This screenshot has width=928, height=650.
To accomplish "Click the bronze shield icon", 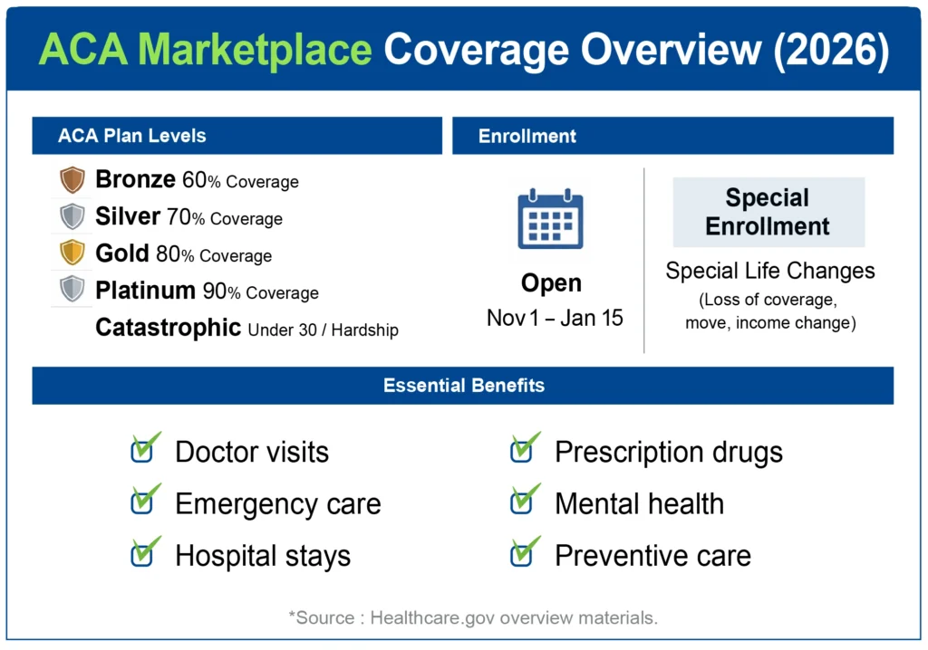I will point(72,179).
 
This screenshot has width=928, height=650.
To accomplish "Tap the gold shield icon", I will point(72,253).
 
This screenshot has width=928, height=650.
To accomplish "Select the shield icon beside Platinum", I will point(72,290).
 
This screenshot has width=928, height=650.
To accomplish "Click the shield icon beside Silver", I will point(72,216).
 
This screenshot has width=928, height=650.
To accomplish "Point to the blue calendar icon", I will point(550,219).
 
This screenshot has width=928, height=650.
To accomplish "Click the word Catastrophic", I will point(168,328).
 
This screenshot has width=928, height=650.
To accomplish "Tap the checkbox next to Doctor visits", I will point(142,451).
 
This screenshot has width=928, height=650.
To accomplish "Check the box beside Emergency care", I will point(142,502).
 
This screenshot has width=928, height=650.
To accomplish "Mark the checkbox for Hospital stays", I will point(142,554).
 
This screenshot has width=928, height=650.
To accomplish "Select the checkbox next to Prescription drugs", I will point(522,451).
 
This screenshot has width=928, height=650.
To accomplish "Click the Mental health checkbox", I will point(522,502).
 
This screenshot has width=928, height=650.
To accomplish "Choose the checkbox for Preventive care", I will point(522,554).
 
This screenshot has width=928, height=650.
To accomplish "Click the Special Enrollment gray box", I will point(768,212).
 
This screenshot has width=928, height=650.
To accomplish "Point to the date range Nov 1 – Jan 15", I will point(555,319).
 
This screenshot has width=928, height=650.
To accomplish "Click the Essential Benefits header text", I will point(463,386).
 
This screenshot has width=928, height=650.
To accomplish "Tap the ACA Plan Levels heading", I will point(131,137).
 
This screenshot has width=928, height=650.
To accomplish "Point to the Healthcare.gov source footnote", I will point(472,618).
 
